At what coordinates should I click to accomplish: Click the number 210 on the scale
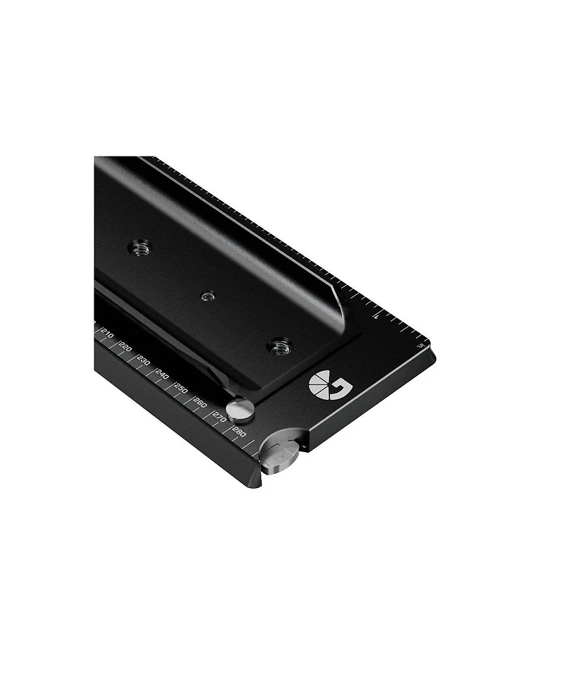(107, 333)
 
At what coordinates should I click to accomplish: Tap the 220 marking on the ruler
(125, 346)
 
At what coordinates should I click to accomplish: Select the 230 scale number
(144, 360)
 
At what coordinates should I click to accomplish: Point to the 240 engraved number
(162, 374)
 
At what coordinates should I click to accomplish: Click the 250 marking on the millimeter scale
(181, 389)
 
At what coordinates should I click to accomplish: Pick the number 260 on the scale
(200, 403)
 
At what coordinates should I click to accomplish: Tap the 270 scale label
(219, 418)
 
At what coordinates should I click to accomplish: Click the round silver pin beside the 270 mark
(243, 408)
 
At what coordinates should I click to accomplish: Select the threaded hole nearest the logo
(281, 346)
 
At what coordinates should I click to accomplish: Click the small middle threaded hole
(207, 296)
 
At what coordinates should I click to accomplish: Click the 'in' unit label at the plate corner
(420, 346)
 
